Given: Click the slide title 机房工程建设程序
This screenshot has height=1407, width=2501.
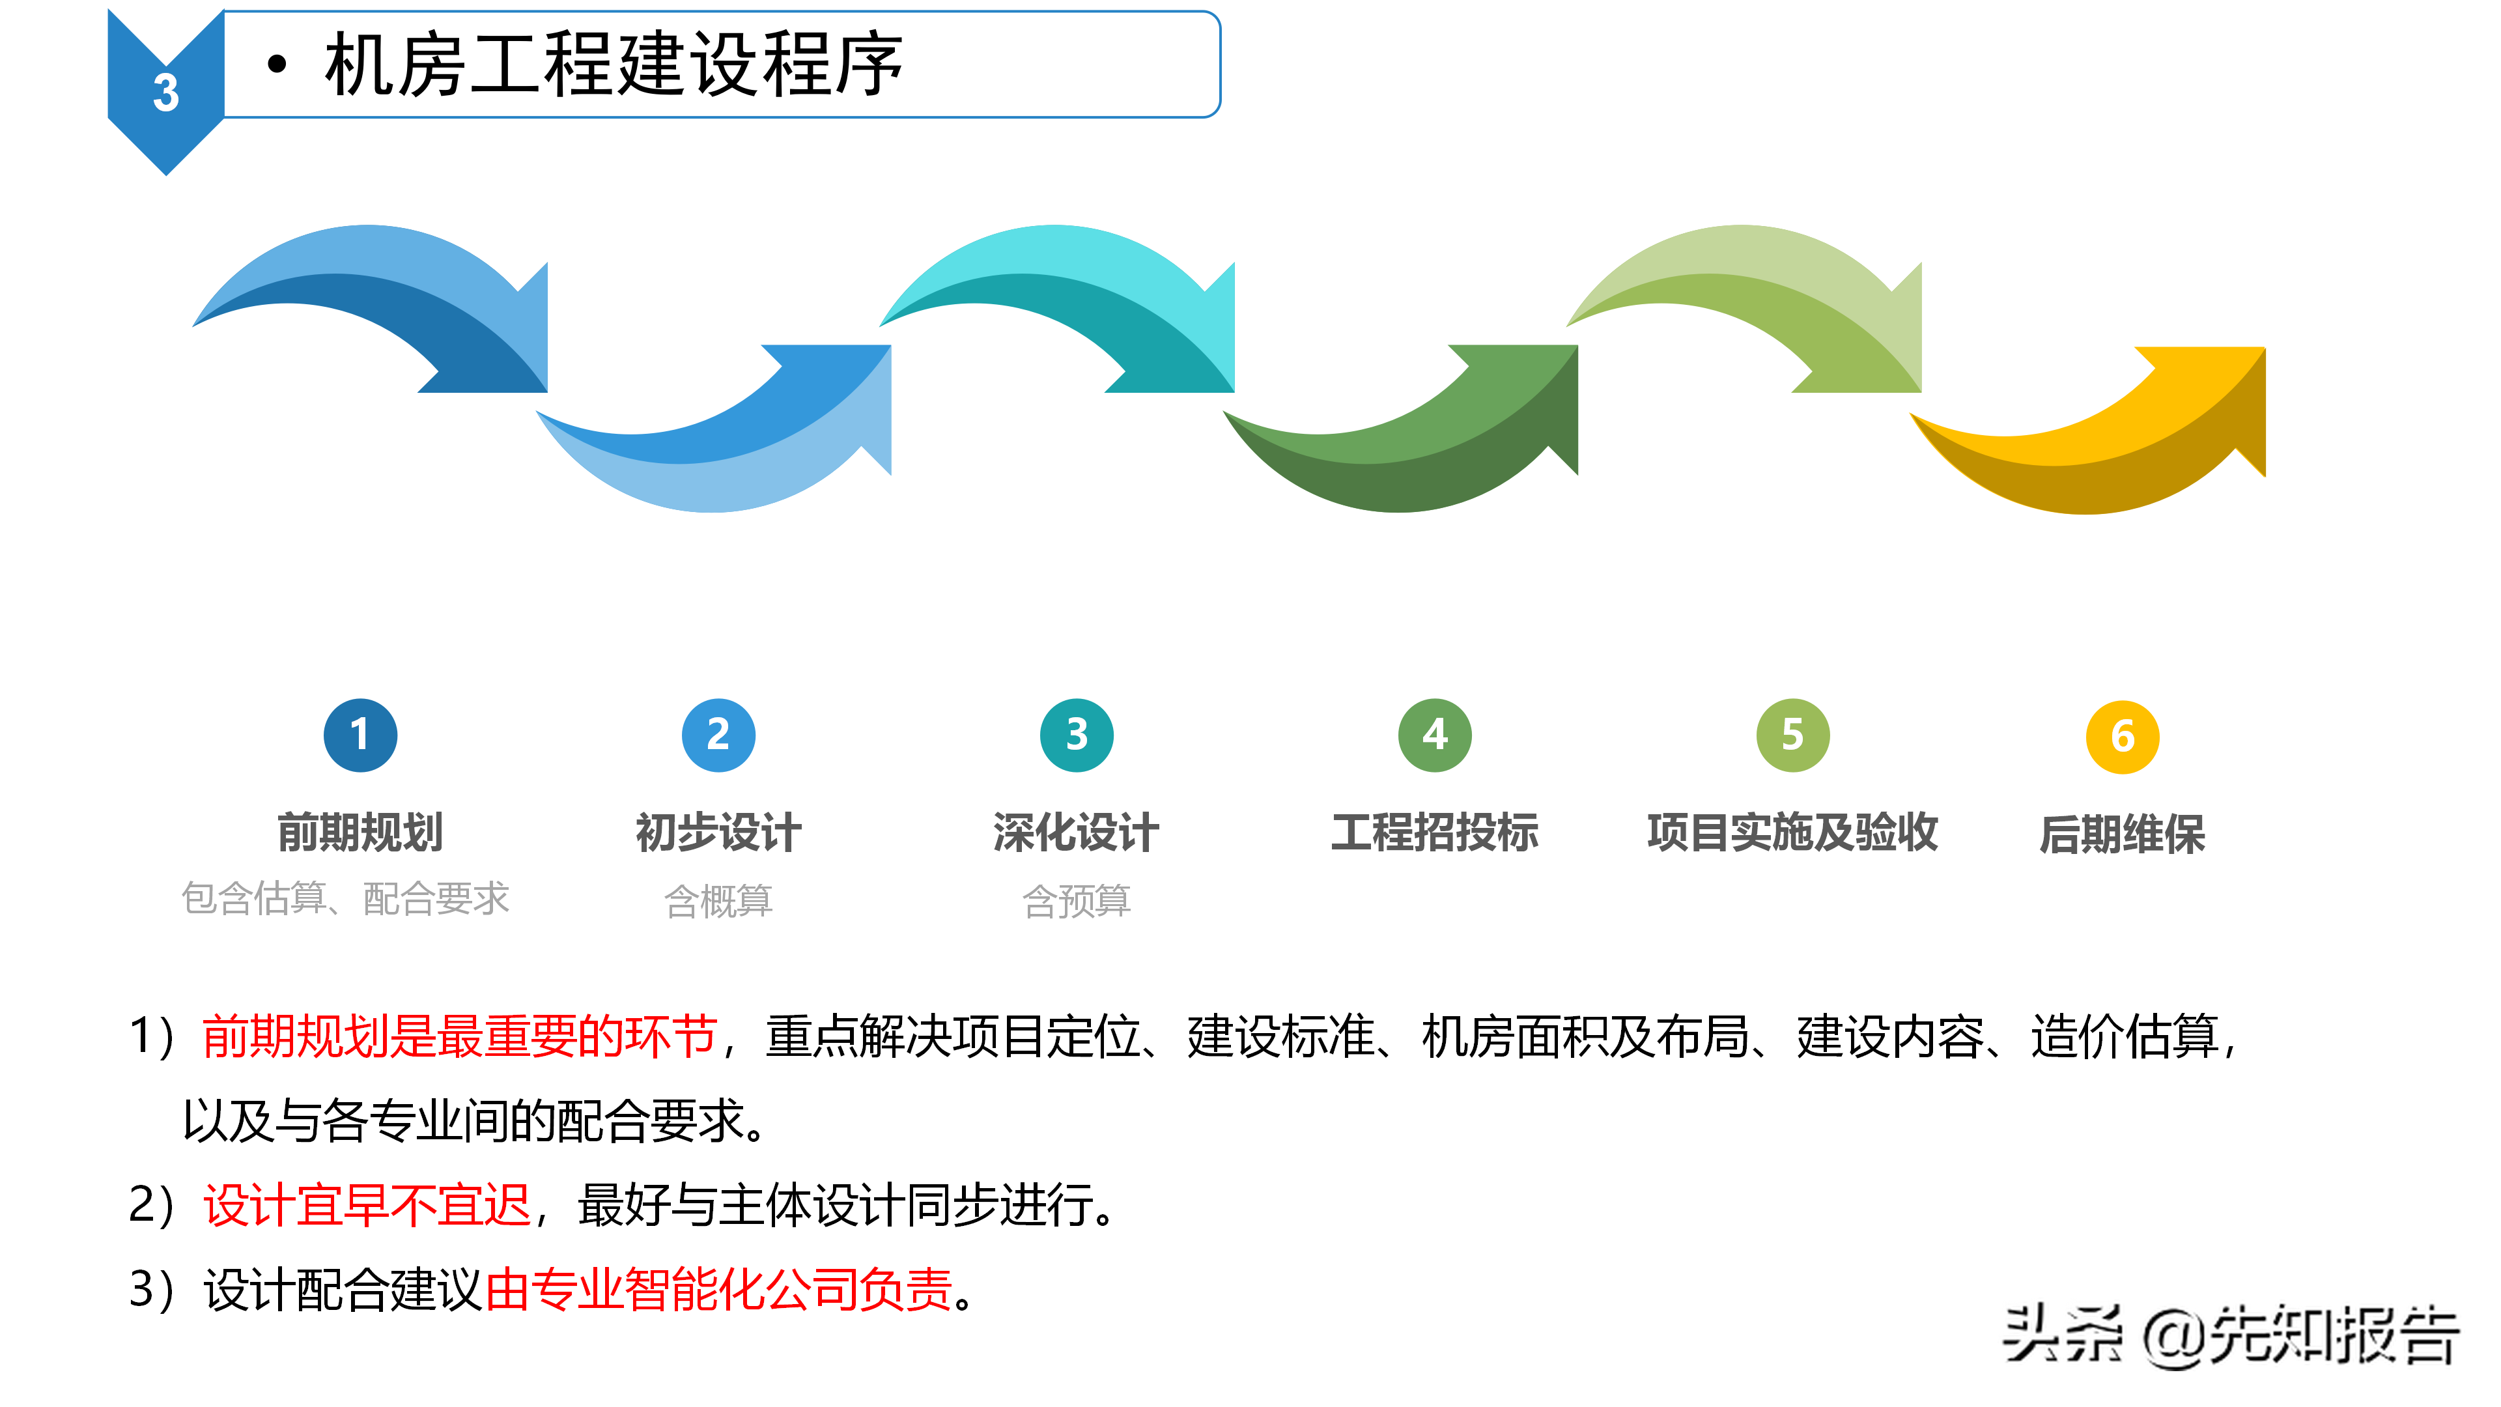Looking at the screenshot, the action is coord(614,65).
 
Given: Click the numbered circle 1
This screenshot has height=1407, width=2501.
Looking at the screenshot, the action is coord(360,735).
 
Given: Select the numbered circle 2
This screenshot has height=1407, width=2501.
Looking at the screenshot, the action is coord(718,735).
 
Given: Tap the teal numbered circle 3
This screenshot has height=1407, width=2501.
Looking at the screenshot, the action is coord(1077,735).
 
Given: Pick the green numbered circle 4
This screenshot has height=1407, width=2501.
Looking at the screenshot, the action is coord(1435,735).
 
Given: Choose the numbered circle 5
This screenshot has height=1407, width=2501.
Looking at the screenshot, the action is coord(1793,735).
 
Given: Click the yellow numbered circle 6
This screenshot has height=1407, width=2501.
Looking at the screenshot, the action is coord(2123,737).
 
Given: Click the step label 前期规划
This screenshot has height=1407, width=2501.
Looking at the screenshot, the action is coord(360,833).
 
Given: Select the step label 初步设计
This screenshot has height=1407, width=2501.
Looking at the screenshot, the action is coord(718,833).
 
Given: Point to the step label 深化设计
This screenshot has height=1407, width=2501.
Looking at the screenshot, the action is coord(1077,833).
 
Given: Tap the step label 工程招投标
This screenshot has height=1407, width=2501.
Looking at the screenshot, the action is coord(1435,833).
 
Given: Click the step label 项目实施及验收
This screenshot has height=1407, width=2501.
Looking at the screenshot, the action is coord(1793,833).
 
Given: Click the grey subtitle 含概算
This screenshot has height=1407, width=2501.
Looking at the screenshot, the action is coord(718,901).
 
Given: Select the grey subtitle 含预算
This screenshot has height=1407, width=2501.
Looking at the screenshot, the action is coord(1077,901).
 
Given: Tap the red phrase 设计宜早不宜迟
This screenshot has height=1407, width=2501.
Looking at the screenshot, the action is coord(367,1206).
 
